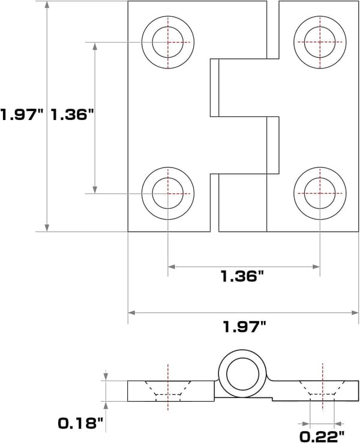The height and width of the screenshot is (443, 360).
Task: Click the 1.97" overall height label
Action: click(22, 115)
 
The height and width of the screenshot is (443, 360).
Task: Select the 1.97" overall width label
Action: click(245, 327)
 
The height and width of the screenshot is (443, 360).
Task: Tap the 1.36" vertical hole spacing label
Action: click(72, 115)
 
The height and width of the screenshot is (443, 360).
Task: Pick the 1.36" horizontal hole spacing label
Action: click(242, 276)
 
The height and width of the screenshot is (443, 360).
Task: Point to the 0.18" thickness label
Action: click(80, 424)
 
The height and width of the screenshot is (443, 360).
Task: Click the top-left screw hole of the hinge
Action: click(168, 42)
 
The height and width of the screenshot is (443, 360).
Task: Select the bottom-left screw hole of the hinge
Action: click(168, 193)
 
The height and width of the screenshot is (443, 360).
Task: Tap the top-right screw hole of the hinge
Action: click(320, 42)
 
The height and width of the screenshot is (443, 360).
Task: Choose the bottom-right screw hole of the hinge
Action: click(320, 193)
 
